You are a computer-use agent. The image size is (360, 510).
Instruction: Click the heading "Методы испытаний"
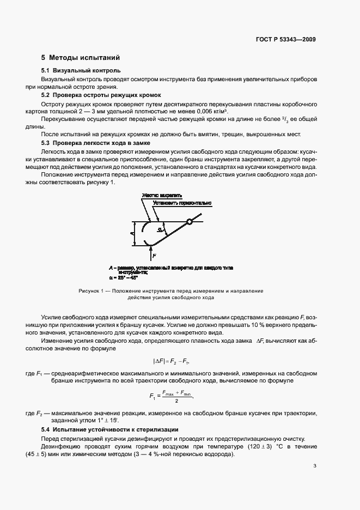point(84,57)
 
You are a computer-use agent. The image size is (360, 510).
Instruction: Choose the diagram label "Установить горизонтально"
point(182,203)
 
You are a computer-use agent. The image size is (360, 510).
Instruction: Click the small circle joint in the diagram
point(189,221)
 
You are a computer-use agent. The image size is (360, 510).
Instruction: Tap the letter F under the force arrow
point(154,255)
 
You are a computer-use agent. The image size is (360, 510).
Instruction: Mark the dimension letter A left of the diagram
point(132,233)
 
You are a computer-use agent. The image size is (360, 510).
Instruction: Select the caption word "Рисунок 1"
point(92,291)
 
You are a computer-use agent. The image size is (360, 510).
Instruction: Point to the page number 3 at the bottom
point(315,465)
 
